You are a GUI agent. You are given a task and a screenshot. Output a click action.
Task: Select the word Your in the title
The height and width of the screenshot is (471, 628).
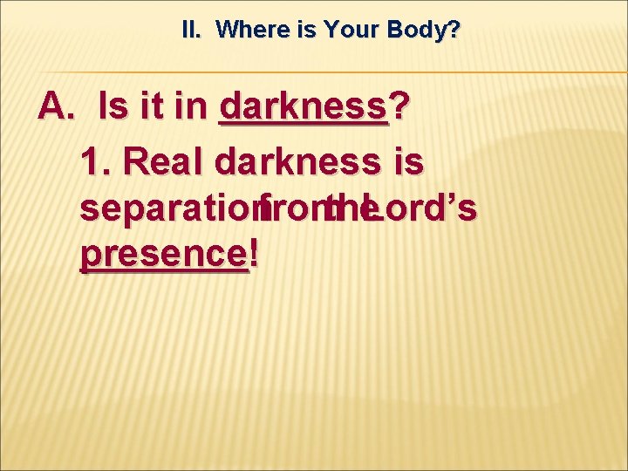click(x=348, y=31)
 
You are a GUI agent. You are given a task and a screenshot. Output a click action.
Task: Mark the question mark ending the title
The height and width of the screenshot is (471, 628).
click(x=454, y=31)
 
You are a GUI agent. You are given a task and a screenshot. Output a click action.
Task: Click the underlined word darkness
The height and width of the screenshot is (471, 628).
click(x=303, y=108)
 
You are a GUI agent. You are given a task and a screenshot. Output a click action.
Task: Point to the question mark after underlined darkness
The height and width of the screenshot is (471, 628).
click(x=399, y=108)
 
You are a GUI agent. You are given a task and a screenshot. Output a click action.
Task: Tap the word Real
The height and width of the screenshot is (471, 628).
click(x=165, y=161)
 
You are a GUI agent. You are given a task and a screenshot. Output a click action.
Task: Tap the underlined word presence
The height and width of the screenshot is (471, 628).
click(x=163, y=256)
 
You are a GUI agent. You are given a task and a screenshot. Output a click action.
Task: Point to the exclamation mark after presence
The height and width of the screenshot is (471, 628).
click(x=254, y=256)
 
